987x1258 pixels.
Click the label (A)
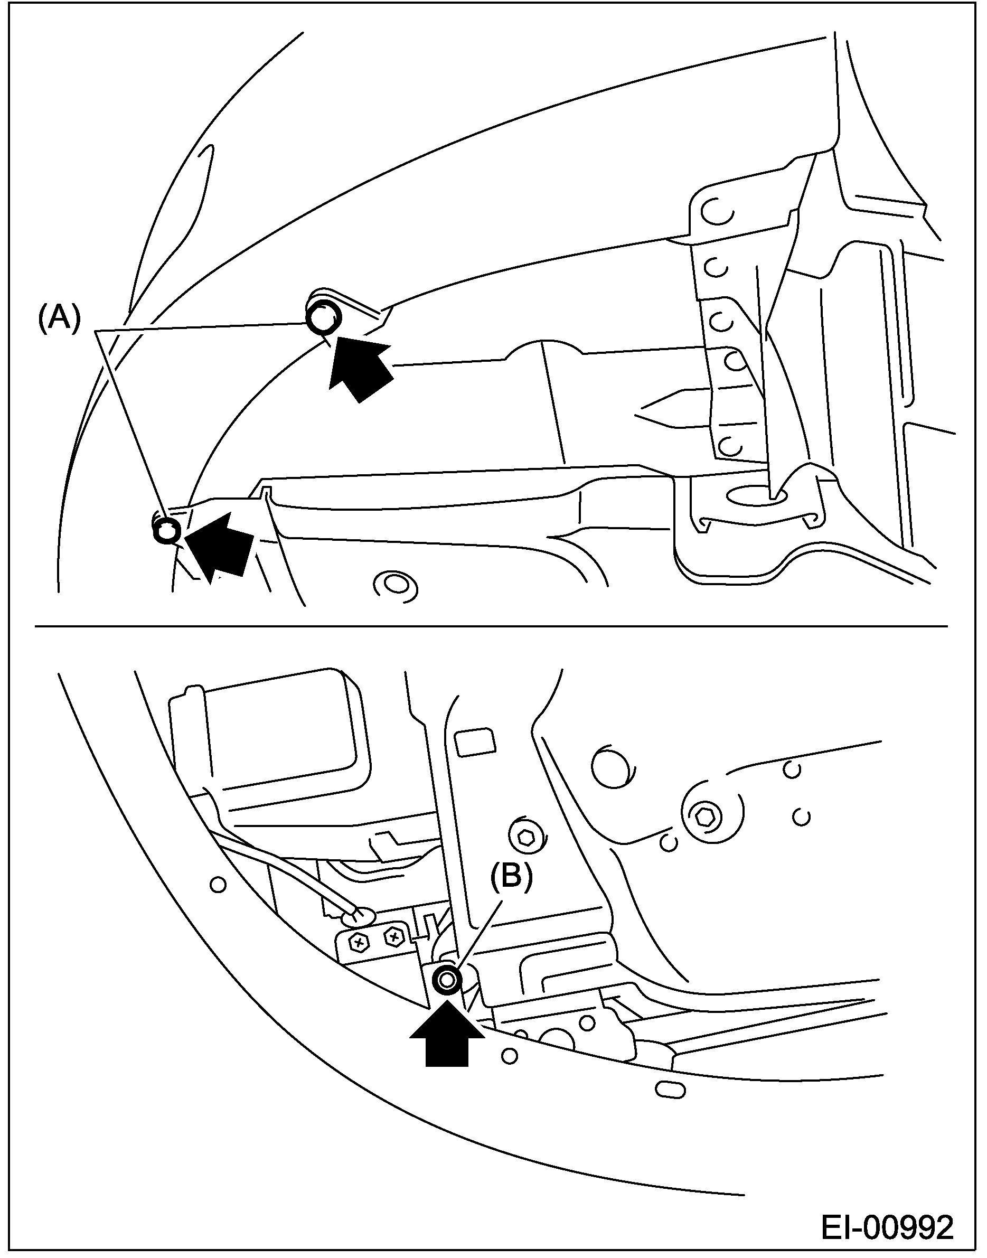tap(59, 318)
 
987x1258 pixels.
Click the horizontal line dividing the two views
tap(491, 626)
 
